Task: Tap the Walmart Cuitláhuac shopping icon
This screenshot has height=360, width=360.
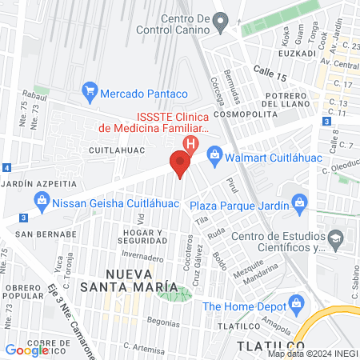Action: [x=214, y=154]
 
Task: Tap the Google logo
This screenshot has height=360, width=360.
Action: [x=27, y=350]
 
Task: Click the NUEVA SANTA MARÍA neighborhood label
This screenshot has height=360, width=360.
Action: [x=130, y=281]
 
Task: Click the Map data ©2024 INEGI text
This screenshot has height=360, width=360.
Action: [x=311, y=353]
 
